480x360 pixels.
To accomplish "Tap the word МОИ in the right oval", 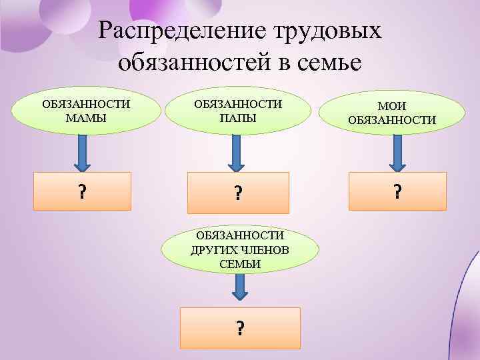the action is pyautogui.click(x=392, y=106).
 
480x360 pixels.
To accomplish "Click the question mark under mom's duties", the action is pyautogui.click(x=82, y=192).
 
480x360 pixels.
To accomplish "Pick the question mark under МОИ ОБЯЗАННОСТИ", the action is pyautogui.click(x=397, y=192).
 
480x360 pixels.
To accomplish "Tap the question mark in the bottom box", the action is pyautogui.click(x=239, y=328).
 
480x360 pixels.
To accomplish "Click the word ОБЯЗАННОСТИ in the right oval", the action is pyautogui.click(x=392, y=121).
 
